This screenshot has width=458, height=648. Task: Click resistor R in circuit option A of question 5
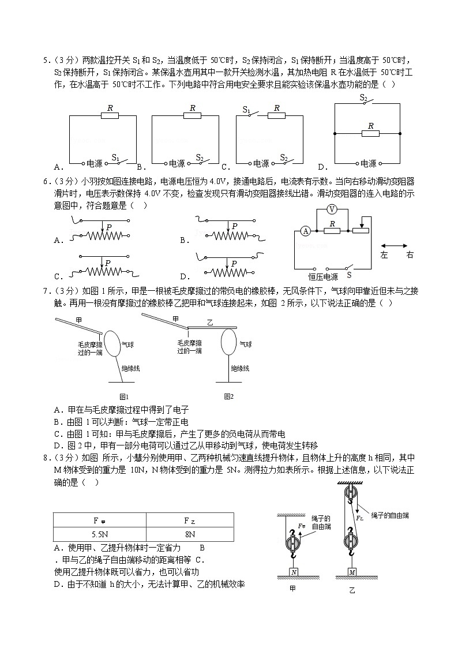[109, 115]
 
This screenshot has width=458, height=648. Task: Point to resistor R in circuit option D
[370, 133]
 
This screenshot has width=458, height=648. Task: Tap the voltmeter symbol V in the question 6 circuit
[331, 208]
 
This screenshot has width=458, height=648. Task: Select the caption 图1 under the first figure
[123, 396]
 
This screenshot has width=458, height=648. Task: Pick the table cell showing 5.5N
[99, 534]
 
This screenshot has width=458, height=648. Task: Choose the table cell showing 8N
[190, 534]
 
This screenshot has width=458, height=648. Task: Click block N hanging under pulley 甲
[294, 572]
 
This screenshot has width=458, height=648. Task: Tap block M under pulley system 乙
[352, 572]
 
